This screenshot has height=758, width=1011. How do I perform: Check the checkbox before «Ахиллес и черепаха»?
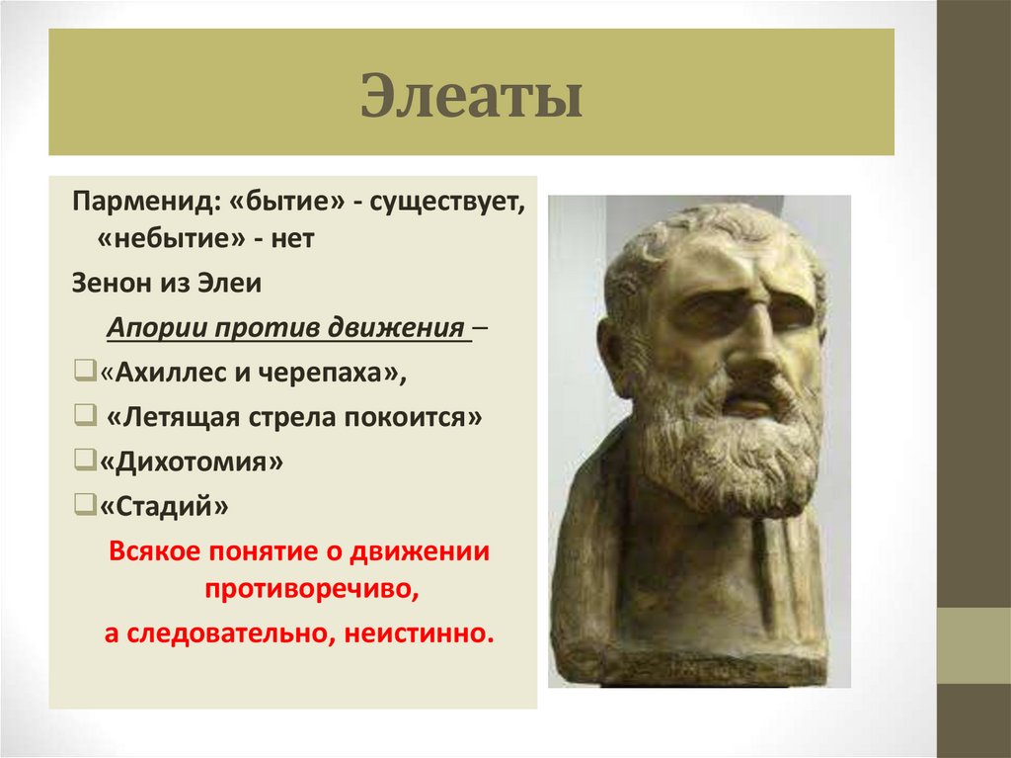click(x=81, y=374)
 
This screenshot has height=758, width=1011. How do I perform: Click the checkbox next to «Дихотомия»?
click(x=81, y=462)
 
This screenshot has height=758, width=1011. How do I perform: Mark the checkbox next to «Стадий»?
click(x=81, y=507)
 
